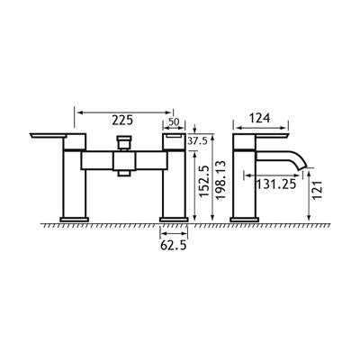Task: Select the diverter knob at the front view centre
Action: pyautogui.click(x=124, y=143)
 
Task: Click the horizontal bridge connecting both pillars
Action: pyautogui.click(x=123, y=161)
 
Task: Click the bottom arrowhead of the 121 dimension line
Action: pyautogui.click(x=308, y=217)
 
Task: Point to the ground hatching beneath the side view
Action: pyautogui.click(x=270, y=223)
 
